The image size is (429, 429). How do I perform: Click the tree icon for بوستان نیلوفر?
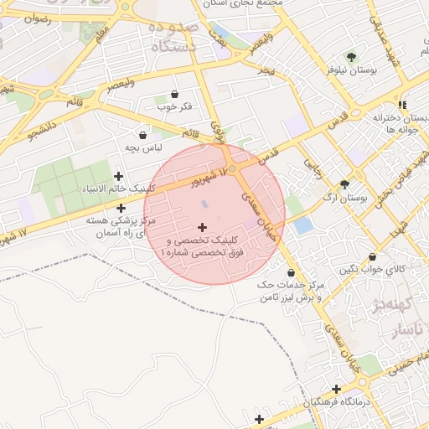pos(350,57)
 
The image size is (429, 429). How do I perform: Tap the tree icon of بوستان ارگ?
pos(344,184)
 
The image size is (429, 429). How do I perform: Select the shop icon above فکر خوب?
pos(174,94)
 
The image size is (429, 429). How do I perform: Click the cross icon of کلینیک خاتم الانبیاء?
pos(118,176)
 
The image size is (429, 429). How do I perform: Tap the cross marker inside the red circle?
pos(202,226)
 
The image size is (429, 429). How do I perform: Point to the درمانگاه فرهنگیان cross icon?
pos(336,389)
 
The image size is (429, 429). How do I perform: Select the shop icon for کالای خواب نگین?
pos(372,257)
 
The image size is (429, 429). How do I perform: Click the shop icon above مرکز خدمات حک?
pos(291,272)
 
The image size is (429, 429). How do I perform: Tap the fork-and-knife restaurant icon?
pos(403,105)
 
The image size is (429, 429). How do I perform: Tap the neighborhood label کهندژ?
pos(411,303)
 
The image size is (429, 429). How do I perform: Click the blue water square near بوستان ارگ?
pos(302,225)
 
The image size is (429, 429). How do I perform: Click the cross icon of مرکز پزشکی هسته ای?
pos(121,207)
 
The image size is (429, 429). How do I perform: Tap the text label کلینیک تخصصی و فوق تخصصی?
pos(203,246)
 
